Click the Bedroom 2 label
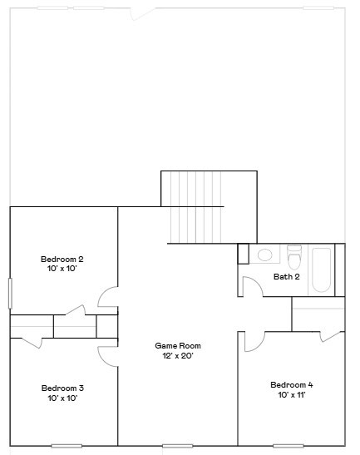[62, 260]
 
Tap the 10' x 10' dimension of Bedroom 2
[62, 270]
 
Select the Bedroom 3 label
[62, 388]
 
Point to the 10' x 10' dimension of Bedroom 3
[62, 398]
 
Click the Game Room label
[178, 345]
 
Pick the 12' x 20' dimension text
[178, 355]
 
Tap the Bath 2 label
[286, 276]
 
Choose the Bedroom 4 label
[291, 385]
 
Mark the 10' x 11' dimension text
[291, 395]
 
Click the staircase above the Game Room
[200, 208]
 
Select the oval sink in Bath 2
[264, 255]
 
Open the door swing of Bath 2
[251, 286]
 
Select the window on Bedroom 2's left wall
[10, 294]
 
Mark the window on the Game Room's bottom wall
[178, 446]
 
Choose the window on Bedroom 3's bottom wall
[67, 446]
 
